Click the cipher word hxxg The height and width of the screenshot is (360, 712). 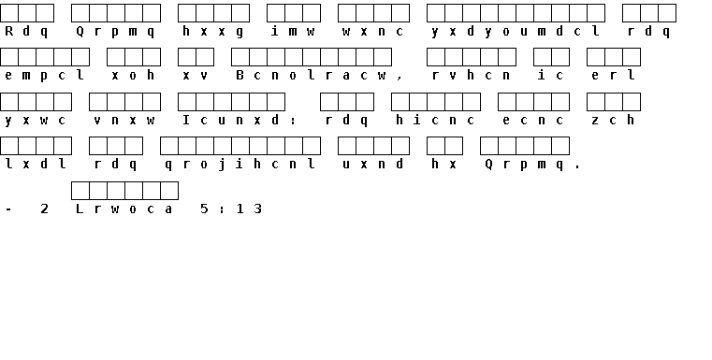tap(213, 31)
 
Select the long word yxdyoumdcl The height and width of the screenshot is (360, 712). tap(516, 31)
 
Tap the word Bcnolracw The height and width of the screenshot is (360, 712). tap(311, 76)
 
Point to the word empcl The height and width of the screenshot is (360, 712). tap(45, 76)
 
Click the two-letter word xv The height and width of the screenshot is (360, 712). tap(196, 76)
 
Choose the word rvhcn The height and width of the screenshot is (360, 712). tap(472, 76)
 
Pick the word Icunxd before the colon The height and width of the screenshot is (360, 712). tap(231, 120)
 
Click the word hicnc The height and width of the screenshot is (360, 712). tap(435, 120)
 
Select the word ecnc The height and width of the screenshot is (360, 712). tap(533, 120)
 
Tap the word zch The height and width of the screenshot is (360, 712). tap(614, 120)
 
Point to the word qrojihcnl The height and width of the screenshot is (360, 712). tap(240, 165)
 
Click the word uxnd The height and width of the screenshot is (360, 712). tap(373, 165)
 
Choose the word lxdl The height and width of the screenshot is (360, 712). tap(36, 165)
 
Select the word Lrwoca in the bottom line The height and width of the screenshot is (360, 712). tap(124, 209)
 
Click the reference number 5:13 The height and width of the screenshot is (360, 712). tap(231, 209)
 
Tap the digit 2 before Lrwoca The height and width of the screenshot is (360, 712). tap(45, 209)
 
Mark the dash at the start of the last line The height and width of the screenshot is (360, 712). tap(8, 209)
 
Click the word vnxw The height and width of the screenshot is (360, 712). tap(124, 120)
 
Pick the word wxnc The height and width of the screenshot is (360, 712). tap(373, 31)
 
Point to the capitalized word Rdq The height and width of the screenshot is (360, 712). tap(26, 31)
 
